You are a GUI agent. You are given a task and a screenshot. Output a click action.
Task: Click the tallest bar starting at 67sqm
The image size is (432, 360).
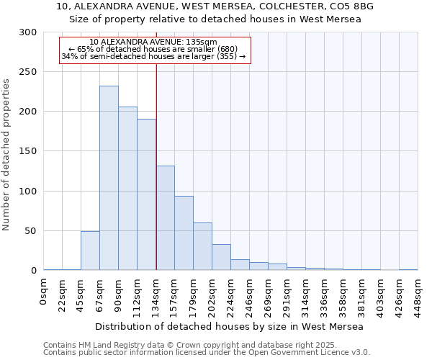point(109,178)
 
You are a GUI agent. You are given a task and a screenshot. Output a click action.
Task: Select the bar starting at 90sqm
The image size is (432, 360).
point(127,189)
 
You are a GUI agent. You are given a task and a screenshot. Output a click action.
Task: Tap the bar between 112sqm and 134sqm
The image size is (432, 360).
point(146,194)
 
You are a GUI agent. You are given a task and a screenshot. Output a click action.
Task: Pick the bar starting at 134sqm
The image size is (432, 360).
point(165,218)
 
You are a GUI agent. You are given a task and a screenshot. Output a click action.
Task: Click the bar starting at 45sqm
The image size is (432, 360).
point(90,251)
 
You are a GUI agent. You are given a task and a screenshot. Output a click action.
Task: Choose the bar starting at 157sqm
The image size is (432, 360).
point(184,233)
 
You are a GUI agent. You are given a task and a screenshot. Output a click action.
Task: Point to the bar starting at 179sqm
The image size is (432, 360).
point(202,246)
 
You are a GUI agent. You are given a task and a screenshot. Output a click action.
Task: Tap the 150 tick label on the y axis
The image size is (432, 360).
point(28,151)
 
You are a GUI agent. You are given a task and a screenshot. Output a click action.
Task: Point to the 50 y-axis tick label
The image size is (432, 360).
point(31,231)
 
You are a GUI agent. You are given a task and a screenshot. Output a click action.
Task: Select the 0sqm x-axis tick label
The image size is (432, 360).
point(44,291)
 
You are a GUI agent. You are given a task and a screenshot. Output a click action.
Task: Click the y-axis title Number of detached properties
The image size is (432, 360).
point(7,155)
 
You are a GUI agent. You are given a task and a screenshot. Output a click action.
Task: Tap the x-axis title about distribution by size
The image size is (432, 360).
point(229,326)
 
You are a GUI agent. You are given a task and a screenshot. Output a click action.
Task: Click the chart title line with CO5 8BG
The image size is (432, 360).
point(215,6)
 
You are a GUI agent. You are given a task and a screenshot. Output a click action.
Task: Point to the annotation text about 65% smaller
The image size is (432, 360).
point(153,49)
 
